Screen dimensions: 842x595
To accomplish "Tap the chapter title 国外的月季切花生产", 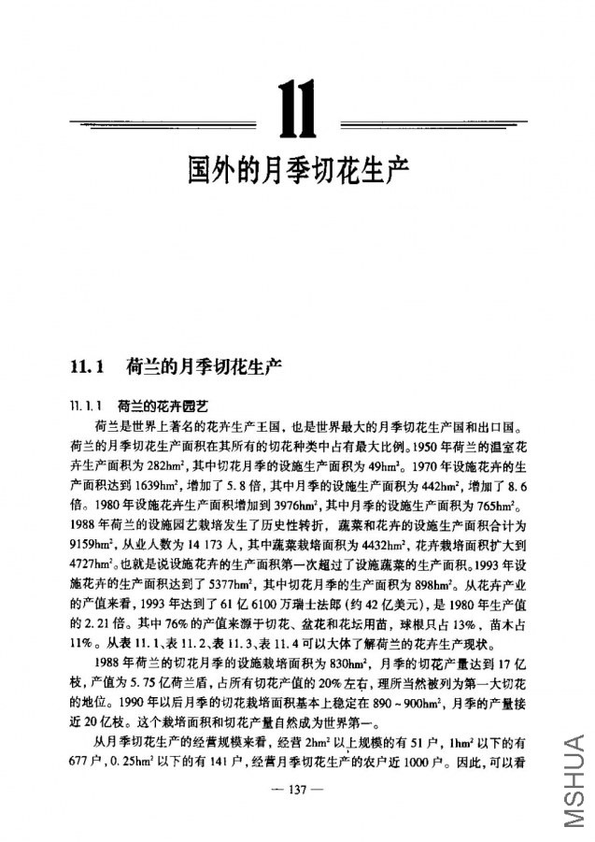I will tap(297, 170).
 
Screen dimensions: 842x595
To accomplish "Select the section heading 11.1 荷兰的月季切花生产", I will tap(174, 365).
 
